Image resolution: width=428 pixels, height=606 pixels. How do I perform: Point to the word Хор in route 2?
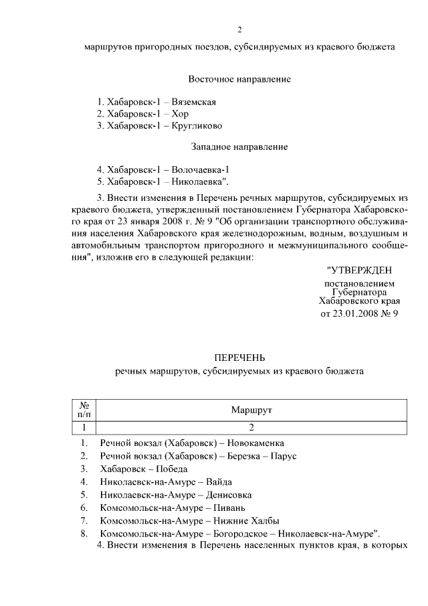pyautogui.click(x=180, y=114)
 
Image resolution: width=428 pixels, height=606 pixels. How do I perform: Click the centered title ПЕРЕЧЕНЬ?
pyautogui.click(x=239, y=358)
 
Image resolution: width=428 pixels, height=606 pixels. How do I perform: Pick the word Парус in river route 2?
pyautogui.click(x=283, y=456)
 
